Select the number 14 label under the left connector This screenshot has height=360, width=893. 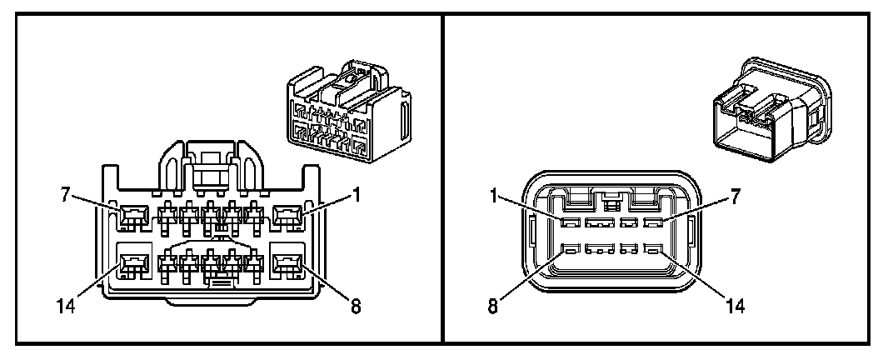[67, 307]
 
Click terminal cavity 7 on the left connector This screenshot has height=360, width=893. [132, 219]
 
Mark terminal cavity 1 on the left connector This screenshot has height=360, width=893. [289, 219]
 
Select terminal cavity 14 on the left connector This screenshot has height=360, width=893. [132, 266]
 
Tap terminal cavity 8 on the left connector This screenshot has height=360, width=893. [289, 266]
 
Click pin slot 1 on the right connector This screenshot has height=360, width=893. [571, 223]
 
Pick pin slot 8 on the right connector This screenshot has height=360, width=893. [571, 249]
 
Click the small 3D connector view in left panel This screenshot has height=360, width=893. [348, 112]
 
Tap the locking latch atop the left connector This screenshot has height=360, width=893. [209, 163]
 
